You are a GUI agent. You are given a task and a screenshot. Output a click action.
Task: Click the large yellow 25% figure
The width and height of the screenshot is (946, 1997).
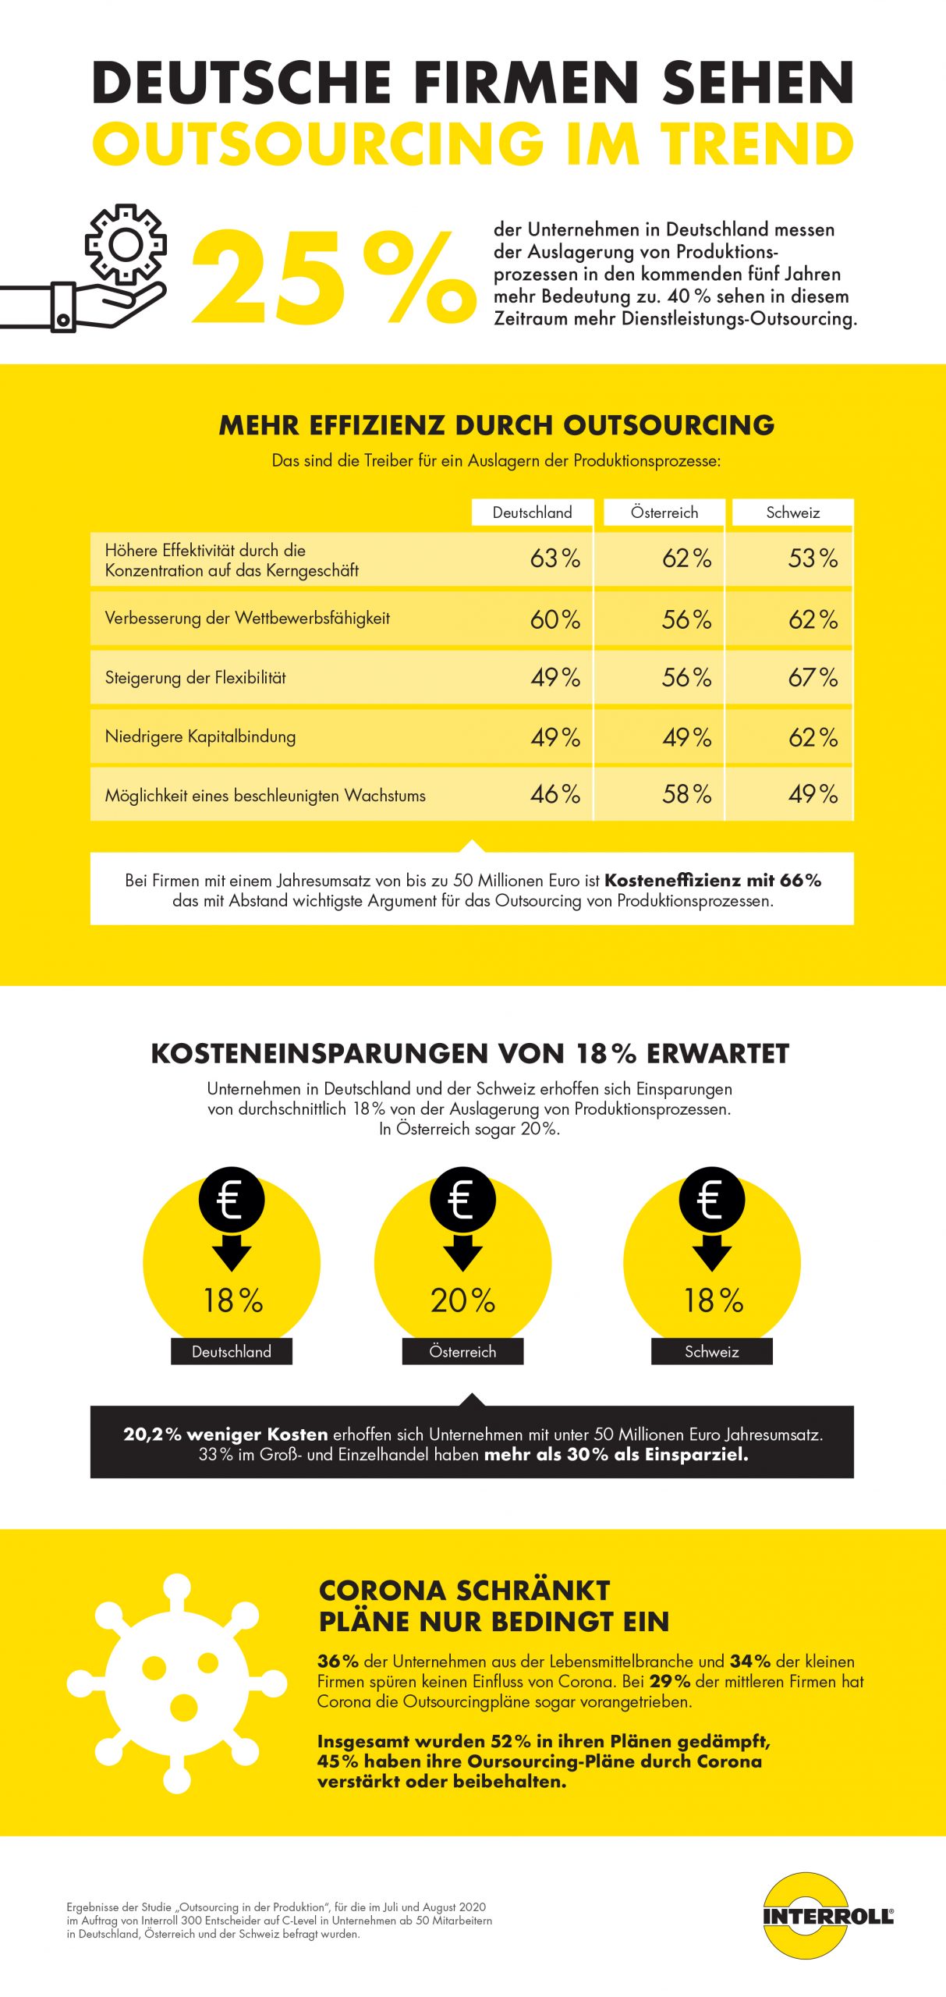[334, 278]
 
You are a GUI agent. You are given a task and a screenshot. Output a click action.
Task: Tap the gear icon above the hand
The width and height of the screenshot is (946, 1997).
[126, 244]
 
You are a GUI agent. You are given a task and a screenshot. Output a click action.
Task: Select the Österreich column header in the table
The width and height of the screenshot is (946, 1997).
[664, 513]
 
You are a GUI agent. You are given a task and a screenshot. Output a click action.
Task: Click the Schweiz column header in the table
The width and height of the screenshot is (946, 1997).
[792, 513]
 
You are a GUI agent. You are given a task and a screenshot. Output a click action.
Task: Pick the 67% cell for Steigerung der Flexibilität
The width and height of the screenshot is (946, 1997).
[812, 677]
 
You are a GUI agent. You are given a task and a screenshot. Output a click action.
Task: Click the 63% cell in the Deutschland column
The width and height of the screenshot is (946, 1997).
[554, 559]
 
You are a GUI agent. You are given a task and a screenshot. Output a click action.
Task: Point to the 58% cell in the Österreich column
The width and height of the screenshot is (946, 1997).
[686, 794]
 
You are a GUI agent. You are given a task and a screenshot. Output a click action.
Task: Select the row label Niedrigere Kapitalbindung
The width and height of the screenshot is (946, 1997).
[200, 736]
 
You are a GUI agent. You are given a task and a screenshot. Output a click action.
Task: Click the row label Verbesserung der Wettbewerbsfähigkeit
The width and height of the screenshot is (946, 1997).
[247, 618]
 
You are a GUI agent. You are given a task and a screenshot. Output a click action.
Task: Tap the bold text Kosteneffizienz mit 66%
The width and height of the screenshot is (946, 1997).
[713, 880]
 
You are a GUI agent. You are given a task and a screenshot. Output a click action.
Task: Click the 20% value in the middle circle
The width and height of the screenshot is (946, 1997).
[462, 1300]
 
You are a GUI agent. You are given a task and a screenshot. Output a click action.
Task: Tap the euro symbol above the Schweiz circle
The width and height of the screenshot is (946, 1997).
[711, 1200]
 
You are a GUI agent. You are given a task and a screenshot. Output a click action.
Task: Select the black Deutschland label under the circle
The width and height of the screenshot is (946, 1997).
[232, 1351]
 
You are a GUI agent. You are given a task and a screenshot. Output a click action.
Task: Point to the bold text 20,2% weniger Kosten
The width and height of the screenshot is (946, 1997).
[225, 1434]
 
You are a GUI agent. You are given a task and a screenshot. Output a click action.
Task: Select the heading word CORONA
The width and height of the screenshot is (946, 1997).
[381, 1590]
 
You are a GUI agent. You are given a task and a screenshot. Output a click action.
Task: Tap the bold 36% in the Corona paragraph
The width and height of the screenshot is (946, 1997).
[338, 1661]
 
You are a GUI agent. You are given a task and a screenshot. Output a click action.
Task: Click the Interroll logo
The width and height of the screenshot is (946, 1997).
[827, 1915]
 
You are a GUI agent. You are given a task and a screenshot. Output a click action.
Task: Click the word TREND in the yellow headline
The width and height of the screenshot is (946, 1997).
[757, 144]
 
